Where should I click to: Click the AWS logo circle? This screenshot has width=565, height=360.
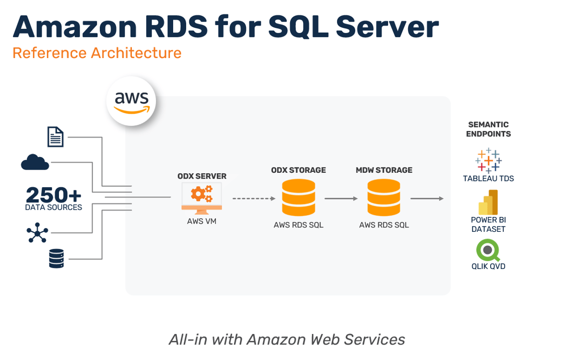(x=131, y=101)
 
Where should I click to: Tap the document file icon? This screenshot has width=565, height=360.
(x=56, y=137)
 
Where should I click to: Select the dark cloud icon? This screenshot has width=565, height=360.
(x=35, y=162)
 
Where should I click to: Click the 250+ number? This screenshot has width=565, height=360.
(x=53, y=195)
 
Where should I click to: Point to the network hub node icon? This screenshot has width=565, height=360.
(x=37, y=233)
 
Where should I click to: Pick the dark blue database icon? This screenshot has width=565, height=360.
(x=56, y=258)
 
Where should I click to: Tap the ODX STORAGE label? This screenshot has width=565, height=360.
(x=298, y=170)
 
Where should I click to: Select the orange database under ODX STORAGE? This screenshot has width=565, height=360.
(x=298, y=197)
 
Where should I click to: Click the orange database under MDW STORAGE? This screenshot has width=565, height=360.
(x=384, y=197)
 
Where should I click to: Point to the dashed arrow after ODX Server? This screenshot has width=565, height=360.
(x=254, y=198)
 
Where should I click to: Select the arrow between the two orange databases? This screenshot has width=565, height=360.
(x=341, y=198)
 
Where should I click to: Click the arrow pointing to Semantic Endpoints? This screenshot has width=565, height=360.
(x=427, y=198)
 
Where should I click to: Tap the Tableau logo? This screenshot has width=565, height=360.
(x=488, y=160)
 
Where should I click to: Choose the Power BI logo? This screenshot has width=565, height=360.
(x=488, y=202)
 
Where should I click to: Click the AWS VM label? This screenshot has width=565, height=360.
(x=201, y=221)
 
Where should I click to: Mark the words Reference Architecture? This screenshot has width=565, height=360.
(x=97, y=53)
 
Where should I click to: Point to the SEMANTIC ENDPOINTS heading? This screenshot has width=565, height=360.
(x=488, y=129)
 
